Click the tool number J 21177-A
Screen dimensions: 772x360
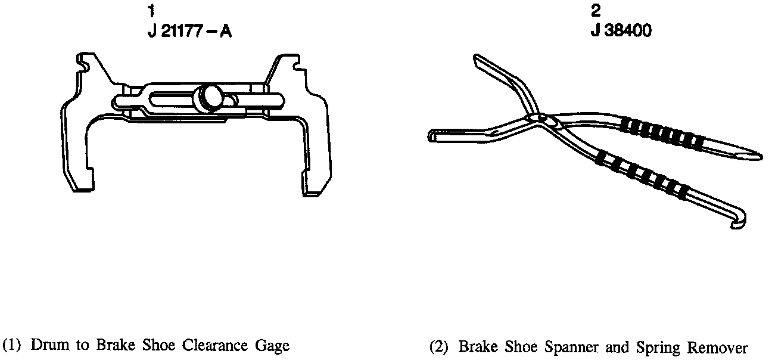tap(189, 30)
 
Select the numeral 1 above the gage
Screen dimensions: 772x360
tap(152, 11)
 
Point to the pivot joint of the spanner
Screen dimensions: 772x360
tap(541, 118)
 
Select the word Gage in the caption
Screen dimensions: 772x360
tap(272, 346)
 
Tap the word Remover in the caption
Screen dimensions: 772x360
tap(717, 346)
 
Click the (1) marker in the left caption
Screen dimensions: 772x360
tap(13, 345)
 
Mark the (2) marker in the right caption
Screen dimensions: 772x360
tap(439, 346)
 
